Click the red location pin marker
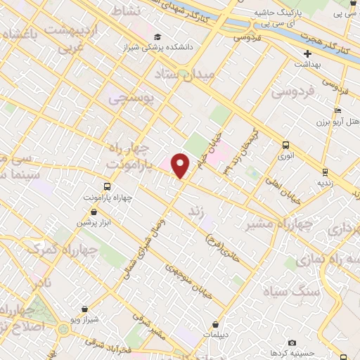[181, 165]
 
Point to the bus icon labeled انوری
[285, 145]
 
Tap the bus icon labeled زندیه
[325, 172]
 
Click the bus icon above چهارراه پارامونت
[107, 186]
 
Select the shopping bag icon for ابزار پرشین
[89, 210]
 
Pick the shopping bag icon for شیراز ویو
[84, 308]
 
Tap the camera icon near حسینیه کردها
[273, 342]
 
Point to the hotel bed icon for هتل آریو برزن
[338, 110]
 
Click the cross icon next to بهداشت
[307, 53]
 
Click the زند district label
[196, 210]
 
